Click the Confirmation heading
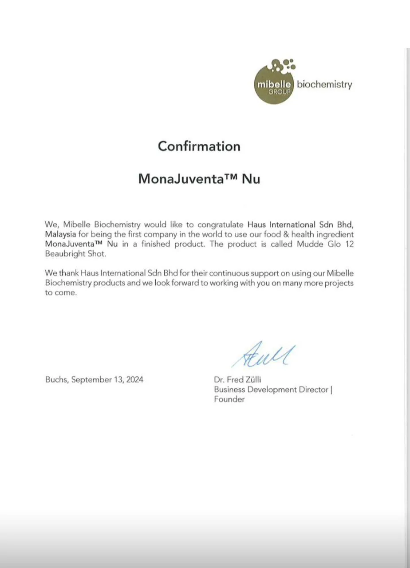coord(199,146)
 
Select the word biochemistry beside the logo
coord(324,84)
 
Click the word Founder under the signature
coord(229,399)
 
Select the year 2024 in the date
coord(134,380)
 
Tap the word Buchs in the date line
coord(56,380)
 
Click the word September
coord(91,380)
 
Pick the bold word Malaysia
coord(60,234)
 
